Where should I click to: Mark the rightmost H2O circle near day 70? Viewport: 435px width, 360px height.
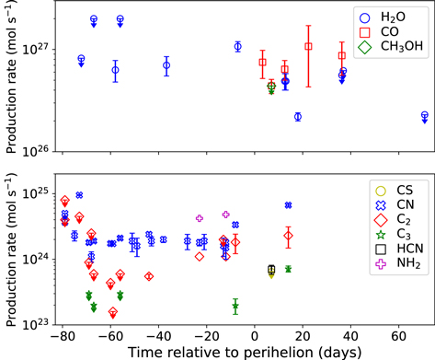(424, 116)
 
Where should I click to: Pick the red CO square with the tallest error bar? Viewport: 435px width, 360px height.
(308, 46)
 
